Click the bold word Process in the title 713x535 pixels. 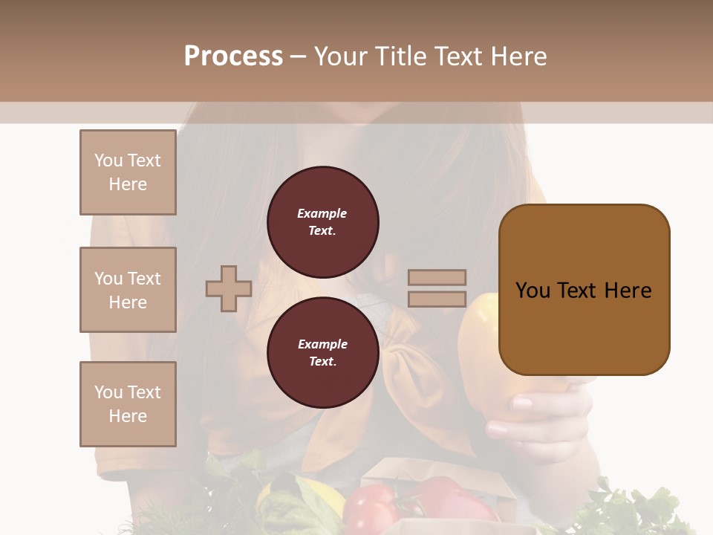[233, 56]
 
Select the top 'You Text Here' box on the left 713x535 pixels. [128, 172]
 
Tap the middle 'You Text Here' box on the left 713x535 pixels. [128, 290]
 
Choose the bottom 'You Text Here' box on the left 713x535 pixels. [128, 404]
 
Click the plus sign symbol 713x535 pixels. [229, 288]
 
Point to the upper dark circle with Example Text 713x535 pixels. [322, 222]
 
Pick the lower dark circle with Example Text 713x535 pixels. [322, 352]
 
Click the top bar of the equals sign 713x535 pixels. [437, 277]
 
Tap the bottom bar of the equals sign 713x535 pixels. [437, 299]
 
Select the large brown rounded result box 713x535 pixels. [584, 290]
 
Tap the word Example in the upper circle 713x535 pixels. [322, 213]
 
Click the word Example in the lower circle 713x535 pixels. [322, 344]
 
